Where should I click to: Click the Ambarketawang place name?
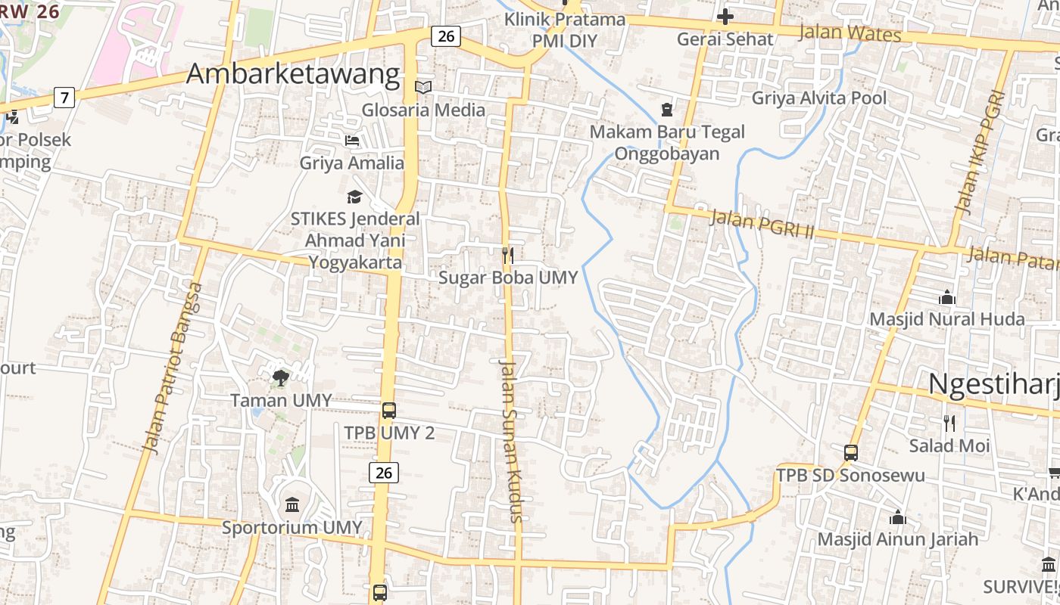(x=292, y=73)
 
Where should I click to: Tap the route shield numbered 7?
(x=64, y=97)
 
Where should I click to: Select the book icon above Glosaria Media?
(x=423, y=88)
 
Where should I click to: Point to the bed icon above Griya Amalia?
(x=352, y=141)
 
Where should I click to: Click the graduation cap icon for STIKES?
(x=354, y=197)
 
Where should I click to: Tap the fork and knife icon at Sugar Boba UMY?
(x=508, y=256)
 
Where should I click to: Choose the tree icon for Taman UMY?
(x=281, y=377)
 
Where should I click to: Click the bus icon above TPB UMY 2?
(x=389, y=411)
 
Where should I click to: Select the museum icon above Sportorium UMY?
(x=292, y=504)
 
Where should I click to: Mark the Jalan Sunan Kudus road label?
(x=511, y=441)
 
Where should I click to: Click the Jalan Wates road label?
(x=850, y=33)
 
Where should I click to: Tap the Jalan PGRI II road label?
(x=761, y=225)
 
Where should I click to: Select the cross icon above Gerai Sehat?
(x=725, y=17)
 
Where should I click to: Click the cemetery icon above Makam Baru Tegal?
(x=666, y=110)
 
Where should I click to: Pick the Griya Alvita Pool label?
(x=818, y=98)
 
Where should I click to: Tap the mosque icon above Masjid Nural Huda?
(x=946, y=298)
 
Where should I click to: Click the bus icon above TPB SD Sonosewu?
(x=851, y=453)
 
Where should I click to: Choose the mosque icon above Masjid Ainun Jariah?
(x=898, y=517)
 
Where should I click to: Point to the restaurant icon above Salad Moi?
(x=949, y=423)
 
